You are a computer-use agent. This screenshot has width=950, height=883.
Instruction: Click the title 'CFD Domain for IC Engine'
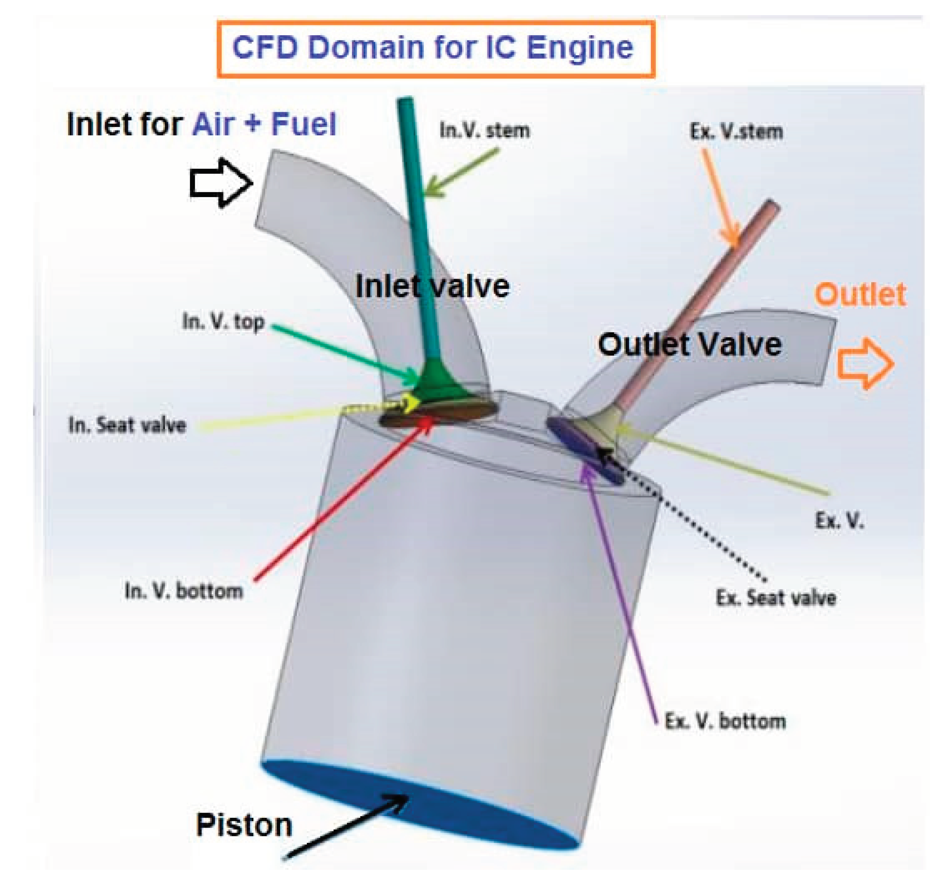click(x=433, y=48)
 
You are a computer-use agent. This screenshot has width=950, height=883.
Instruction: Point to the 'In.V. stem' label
click(x=485, y=130)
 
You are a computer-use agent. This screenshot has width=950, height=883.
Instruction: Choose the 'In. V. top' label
click(x=223, y=322)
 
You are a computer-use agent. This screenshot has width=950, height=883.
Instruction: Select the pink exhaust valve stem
click(x=698, y=306)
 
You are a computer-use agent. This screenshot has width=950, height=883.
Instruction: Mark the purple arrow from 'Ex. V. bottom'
click(x=621, y=587)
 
